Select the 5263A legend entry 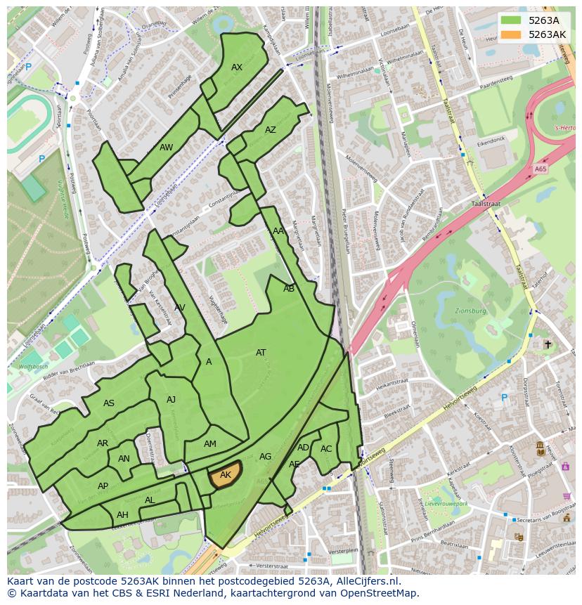pyautogui.click(x=542, y=20)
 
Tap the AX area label pyautogui.click(x=237, y=67)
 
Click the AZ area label pyautogui.click(x=271, y=130)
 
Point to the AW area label pyautogui.click(x=166, y=148)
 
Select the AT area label pyautogui.click(x=261, y=353)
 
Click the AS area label pyautogui.click(x=109, y=403)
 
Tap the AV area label pyautogui.click(x=180, y=308)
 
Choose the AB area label pyautogui.click(x=289, y=289)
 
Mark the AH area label pyautogui.click(x=122, y=515)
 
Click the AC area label pyautogui.click(x=326, y=449)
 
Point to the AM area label pyautogui.click(x=210, y=444)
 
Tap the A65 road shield pyautogui.click(x=540, y=169)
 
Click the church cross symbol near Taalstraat pyautogui.click(x=548, y=344)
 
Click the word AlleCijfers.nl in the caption pyautogui.click(x=361, y=581)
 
